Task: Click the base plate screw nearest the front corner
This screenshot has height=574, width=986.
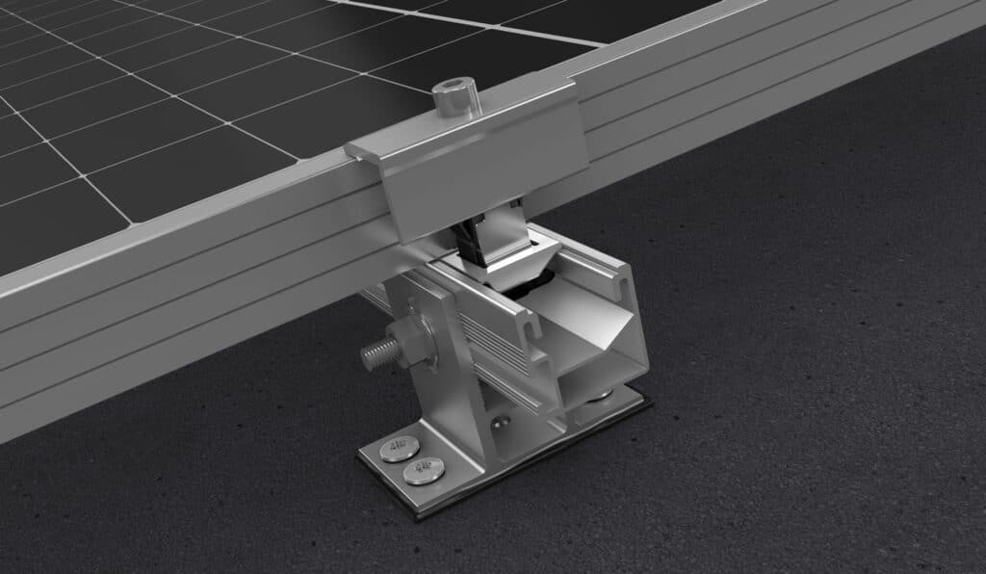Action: tap(422, 471)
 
